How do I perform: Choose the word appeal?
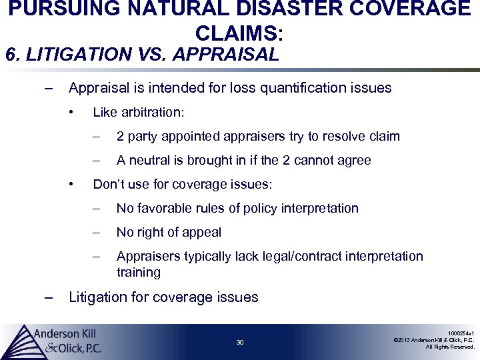click(x=203, y=233)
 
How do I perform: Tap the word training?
click(x=139, y=272)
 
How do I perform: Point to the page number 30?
click(x=240, y=343)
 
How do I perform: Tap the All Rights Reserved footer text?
click(x=450, y=347)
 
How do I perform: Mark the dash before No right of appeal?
click(x=97, y=233)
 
